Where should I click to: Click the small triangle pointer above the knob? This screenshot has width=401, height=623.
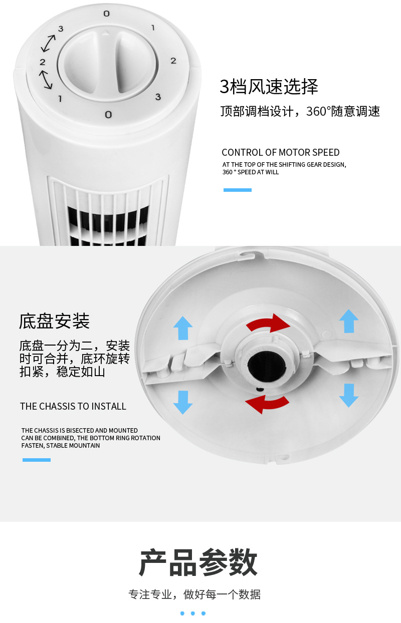click(105, 34)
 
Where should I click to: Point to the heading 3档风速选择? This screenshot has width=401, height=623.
click(269, 87)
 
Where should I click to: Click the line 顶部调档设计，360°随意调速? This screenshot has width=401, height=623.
click(300, 111)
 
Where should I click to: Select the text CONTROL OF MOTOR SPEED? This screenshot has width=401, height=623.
click(280, 152)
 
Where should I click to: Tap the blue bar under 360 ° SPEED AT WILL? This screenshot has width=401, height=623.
click(237, 190)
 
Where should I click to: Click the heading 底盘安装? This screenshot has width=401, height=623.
click(54, 321)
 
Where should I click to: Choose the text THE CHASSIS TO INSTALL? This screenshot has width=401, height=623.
click(73, 406)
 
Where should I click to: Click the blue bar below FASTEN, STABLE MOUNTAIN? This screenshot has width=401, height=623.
click(37, 460)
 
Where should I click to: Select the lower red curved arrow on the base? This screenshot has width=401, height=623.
click(267, 404)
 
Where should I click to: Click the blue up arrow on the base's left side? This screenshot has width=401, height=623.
click(183, 329)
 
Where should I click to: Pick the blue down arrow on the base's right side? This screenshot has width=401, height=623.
click(348, 395)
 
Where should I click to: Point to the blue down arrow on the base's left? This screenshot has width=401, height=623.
click(183, 402)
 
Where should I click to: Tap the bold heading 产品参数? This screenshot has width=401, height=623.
click(198, 562)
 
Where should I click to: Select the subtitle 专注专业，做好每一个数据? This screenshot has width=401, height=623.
click(194, 594)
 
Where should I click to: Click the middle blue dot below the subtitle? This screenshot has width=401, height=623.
click(192, 613)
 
